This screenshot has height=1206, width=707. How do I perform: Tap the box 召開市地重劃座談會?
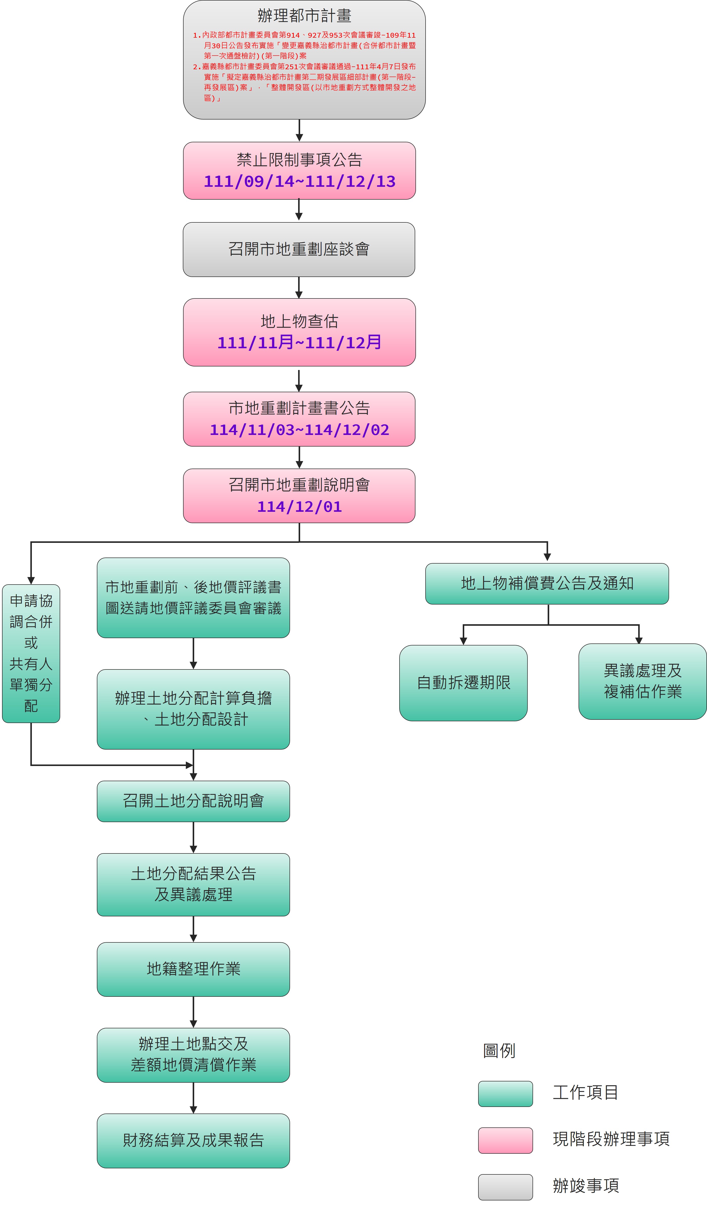click(299, 249)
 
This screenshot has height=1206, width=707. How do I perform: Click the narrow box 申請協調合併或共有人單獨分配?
click(31, 653)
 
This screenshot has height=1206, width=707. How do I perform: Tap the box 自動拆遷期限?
click(463, 682)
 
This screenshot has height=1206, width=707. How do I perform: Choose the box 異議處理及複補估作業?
click(642, 681)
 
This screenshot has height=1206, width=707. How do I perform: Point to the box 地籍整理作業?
click(193, 969)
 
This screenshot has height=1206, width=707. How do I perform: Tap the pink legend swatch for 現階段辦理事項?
click(505, 1141)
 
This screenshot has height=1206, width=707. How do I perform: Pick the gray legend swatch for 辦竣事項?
click(505, 1187)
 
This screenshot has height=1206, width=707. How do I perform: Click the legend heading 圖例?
click(499, 1051)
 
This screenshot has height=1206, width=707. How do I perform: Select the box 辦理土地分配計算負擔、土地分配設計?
click(193, 709)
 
